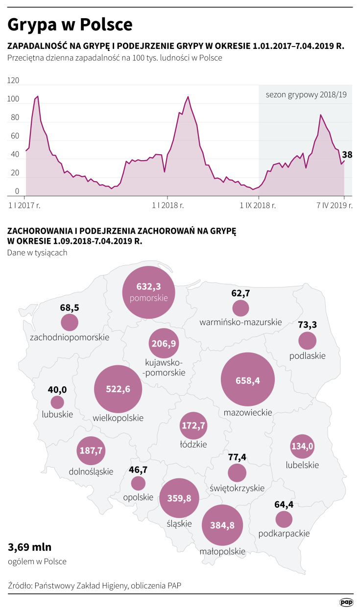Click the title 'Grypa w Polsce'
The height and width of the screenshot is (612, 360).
tap(70, 24)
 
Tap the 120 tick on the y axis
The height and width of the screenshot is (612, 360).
tap(13, 81)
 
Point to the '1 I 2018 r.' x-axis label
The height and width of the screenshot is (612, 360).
tap(168, 206)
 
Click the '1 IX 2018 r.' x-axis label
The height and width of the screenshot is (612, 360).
tap(258, 206)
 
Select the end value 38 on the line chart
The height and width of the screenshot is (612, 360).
tap(347, 155)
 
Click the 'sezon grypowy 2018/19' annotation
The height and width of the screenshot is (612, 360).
tap(306, 94)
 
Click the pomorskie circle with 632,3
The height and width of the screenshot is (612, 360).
tap(148, 292)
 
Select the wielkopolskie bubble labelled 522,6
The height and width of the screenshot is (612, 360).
tap(118, 389)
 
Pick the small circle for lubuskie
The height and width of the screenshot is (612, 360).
tap(57, 402)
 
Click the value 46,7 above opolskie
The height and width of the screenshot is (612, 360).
tap(138, 470)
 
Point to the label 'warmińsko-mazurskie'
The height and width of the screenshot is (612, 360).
tap(240, 322)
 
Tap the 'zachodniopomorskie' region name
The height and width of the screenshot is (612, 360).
tap(70, 337)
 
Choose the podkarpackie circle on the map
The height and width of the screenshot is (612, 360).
tap(284, 519)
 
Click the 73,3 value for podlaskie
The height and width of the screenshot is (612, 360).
tap(307, 325)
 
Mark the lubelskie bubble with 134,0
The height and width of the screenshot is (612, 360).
tap(302, 446)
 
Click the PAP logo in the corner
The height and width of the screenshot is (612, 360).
tap(346, 602)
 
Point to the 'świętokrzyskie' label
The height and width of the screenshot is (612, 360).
tap(237, 488)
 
